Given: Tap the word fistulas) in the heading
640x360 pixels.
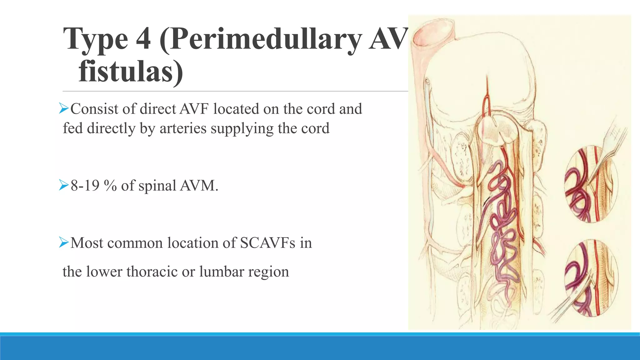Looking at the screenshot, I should tap(131, 72).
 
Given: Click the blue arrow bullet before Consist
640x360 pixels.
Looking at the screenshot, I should tap(64, 109).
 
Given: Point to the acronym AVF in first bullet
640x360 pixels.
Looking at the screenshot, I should tap(194, 109).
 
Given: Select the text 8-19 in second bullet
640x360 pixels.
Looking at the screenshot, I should tap(85, 186).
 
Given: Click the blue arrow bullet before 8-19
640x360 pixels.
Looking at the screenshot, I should tap(64, 186).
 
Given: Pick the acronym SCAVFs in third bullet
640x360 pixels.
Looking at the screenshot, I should tap(267, 243).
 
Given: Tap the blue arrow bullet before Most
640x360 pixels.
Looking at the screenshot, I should tap(64, 242).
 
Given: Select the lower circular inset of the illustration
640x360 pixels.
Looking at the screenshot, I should tap(591, 278).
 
